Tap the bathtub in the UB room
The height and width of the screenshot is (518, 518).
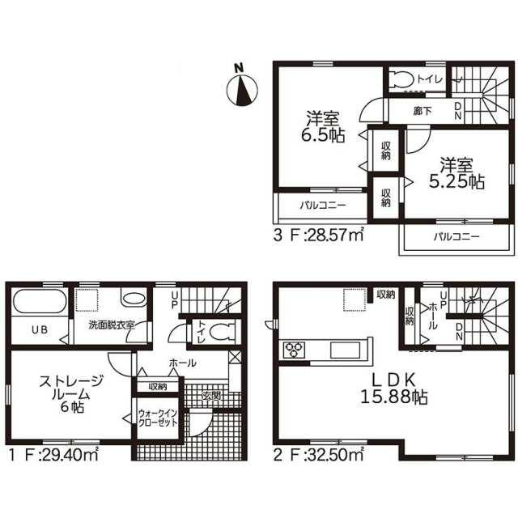click(40, 300)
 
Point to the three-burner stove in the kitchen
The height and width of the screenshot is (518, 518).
click(294, 350)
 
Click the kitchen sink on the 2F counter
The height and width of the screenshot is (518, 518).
click(346, 350)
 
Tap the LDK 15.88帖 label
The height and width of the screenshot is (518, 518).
click(393, 388)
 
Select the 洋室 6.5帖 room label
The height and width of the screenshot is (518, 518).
click(323, 126)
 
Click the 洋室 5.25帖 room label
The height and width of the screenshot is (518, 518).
click(456, 172)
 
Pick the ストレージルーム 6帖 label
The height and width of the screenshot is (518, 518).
click(71, 394)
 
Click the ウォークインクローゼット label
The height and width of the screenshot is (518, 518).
click(158, 418)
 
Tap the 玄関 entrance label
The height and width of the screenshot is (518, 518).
click(210, 395)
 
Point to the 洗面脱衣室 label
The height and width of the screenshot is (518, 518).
click(112, 325)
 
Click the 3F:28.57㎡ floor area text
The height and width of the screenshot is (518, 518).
click(318, 236)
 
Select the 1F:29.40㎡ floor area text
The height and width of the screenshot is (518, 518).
click(53, 455)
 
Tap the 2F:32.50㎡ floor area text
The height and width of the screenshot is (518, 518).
click(318, 455)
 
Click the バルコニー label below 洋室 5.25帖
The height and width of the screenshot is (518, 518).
click(456, 236)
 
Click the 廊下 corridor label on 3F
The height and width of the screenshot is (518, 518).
click(422, 111)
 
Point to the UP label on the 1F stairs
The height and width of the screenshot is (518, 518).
click(174, 300)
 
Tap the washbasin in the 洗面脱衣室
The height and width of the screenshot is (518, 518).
click(134, 297)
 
